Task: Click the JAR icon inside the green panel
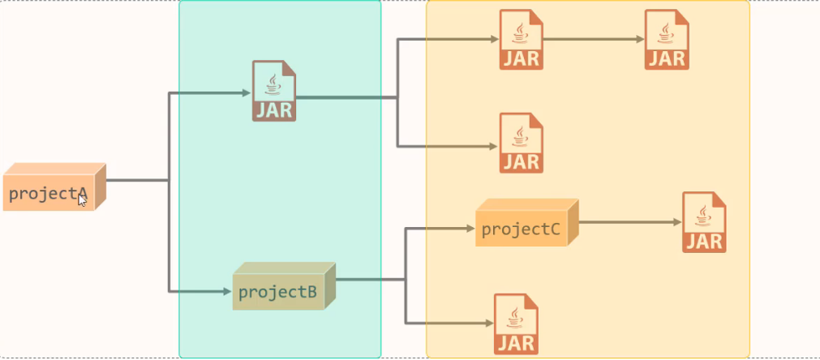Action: tap(274, 91)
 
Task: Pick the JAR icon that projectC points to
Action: tap(704, 222)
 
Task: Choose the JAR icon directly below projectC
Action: tap(517, 324)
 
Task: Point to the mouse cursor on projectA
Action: tap(82, 199)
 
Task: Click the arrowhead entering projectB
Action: tap(227, 290)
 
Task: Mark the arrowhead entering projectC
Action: tap(470, 229)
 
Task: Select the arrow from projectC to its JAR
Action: tap(629, 222)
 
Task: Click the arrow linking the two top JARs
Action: tap(592, 39)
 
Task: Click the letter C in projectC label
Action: tap(554, 229)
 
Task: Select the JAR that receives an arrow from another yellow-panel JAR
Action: tap(667, 40)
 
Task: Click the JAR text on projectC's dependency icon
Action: tap(704, 240)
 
